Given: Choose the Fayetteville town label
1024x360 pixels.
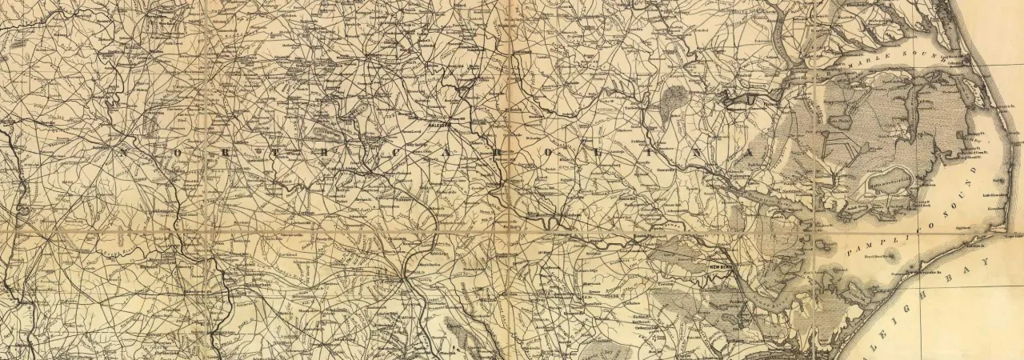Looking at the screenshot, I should (390, 282).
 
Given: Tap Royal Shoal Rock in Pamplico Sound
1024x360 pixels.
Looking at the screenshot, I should (878, 256).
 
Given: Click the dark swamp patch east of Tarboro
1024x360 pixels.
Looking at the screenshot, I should (674, 97).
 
